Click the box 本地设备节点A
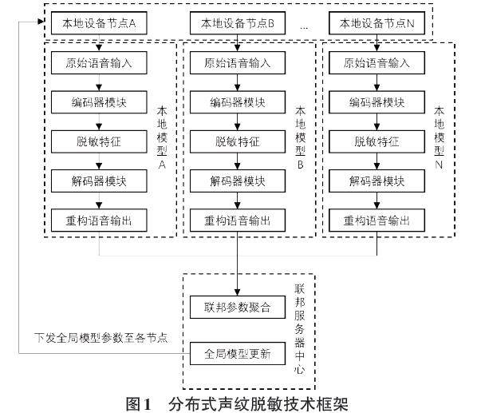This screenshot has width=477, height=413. tap(99, 23)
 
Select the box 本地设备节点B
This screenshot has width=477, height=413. tap(238, 23)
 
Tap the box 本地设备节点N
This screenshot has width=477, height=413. tap(376, 23)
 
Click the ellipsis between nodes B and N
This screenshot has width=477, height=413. tap(304, 28)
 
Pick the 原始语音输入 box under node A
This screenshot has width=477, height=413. tap(99, 63)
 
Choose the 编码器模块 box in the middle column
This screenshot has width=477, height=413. tap(238, 102)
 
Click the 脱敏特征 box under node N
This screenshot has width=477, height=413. tap(376, 141)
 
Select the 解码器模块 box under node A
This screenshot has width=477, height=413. tap(99, 181)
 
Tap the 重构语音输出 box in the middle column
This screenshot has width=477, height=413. tap(238, 220)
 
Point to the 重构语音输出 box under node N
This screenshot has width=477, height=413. tap(376, 220)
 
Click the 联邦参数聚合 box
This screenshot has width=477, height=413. tap(238, 307)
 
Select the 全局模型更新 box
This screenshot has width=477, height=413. tap(238, 353)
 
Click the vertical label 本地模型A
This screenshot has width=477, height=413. tap(162, 137)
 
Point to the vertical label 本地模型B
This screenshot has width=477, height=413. tap(300, 137)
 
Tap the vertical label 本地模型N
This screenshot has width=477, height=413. tap(439, 137)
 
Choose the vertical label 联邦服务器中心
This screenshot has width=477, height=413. tap(299, 329)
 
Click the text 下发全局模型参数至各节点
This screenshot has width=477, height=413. tap(101, 338)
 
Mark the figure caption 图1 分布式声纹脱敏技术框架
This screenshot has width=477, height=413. tap(237, 404)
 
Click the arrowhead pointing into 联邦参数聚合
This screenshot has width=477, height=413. tap(238, 292)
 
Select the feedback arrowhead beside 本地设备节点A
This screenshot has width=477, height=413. tap(41, 22)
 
